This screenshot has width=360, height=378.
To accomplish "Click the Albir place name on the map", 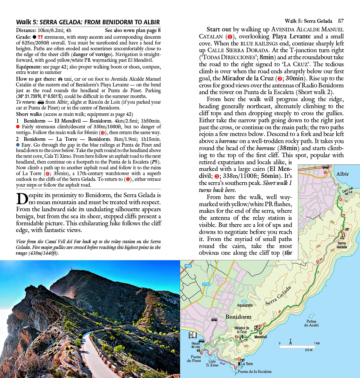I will [342, 174].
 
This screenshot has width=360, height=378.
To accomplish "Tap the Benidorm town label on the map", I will [238, 317].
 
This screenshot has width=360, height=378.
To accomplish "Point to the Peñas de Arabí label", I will [311, 323].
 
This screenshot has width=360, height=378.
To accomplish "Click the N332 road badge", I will [188, 266].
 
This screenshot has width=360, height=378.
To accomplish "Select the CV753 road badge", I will [206, 284].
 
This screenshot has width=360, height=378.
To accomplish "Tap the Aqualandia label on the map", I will [245, 305].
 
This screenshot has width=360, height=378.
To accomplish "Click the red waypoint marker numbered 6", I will [340, 200].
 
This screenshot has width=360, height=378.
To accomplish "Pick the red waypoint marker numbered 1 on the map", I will [201, 353].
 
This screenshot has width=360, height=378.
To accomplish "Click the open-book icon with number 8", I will [192, 335].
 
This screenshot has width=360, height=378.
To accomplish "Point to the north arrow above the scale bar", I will [290, 342].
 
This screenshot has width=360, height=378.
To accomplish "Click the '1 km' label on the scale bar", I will [317, 343].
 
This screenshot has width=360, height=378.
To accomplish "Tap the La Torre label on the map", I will [247, 364].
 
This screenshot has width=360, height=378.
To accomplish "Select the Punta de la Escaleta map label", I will [254, 372].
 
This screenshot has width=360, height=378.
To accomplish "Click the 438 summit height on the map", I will [342, 238].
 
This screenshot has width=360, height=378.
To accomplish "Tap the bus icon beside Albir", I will [325, 167].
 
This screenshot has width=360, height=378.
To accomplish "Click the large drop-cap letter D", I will [22, 198].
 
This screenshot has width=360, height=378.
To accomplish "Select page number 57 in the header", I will [341, 21].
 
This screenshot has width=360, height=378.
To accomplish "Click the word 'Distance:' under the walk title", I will [26, 30].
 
